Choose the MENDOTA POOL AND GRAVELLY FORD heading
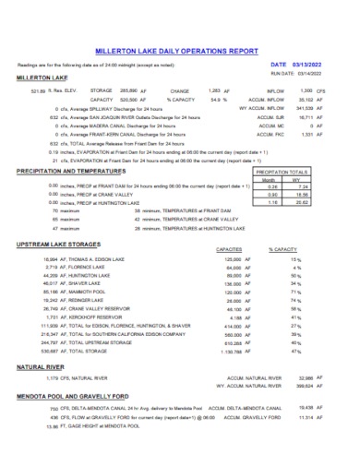(71, 394)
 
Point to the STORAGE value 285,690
(128, 90)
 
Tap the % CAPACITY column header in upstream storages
(282, 249)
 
